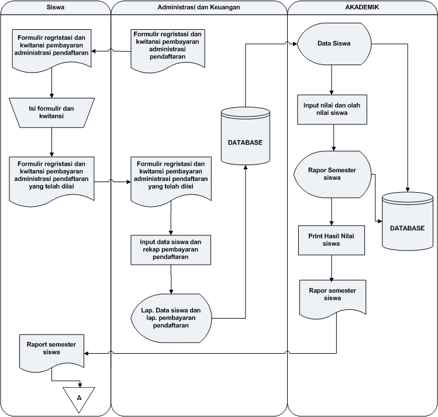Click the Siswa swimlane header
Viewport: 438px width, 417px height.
56,7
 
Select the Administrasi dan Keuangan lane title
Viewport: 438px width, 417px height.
199,7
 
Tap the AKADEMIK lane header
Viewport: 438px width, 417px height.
362,7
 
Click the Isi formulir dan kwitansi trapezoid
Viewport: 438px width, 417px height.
51,112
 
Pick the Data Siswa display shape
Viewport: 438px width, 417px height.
334,44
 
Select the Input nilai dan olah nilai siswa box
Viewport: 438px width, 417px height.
332,110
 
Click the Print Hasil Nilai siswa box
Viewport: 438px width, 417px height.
332,240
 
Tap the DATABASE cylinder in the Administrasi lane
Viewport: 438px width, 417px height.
246,136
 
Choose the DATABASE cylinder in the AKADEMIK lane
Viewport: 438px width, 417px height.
408,221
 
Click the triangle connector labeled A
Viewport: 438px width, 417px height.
79,398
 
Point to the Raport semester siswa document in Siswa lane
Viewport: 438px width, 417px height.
51,352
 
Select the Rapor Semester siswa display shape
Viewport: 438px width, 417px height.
332,175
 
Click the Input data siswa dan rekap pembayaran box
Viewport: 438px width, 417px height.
171,249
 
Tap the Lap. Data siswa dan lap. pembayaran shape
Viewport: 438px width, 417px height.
171,318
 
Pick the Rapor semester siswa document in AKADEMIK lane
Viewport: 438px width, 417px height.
332,299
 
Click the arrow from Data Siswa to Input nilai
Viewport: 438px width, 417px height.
332,80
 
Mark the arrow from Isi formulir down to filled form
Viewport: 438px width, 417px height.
51,142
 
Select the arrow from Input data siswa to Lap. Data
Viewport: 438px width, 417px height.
171,279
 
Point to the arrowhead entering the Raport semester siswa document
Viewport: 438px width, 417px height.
87,353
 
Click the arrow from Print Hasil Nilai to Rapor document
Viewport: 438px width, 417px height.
332,268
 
